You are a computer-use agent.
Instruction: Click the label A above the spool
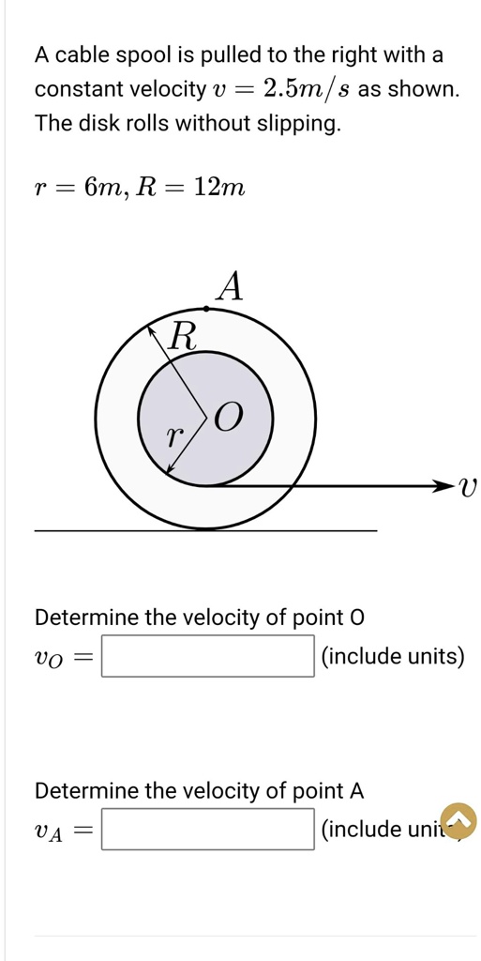[x=230, y=285]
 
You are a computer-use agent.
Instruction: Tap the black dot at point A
[x=206, y=308]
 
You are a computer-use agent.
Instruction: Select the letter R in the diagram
[x=183, y=336]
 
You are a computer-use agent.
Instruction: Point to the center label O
[x=230, y=416]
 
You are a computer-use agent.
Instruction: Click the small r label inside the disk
[x=172, y=435]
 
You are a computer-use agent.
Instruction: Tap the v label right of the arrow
[x=469, y=486]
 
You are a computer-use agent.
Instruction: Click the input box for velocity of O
[x=207, y=656]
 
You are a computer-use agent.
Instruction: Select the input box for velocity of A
[x=207, y=829]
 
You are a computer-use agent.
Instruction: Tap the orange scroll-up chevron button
[x=458, y=820]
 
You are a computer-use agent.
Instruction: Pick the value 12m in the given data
[x=219, y=188]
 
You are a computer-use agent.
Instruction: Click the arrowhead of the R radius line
[x=151, y=328]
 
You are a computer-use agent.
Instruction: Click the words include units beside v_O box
[x=393, y=656]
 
